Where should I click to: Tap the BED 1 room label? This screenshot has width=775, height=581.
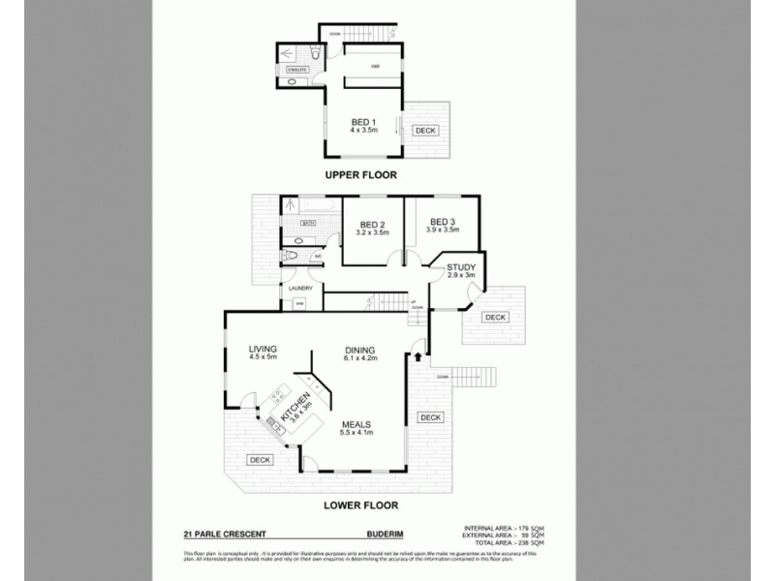363,122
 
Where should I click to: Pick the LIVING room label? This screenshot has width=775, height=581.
263,349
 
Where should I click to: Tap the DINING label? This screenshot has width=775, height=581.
359,350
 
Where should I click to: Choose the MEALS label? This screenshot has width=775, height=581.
358,424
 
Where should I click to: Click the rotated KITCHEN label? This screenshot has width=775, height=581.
296,405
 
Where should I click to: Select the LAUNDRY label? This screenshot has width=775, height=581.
299,287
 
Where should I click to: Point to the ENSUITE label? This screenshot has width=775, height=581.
297,70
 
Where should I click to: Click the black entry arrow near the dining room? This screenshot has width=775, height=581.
418,357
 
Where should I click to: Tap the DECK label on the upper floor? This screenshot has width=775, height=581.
425,130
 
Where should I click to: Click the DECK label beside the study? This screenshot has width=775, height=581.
495,317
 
